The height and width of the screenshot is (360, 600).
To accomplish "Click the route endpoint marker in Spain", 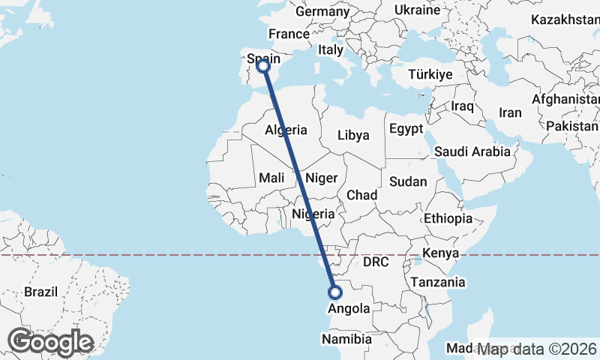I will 263,66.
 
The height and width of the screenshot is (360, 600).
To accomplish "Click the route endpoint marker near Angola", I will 334,292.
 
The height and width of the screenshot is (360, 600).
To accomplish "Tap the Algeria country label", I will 286,130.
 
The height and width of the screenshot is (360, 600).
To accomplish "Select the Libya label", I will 354,135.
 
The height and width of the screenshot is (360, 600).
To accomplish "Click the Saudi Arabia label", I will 472,151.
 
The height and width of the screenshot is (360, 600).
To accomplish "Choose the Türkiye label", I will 430,74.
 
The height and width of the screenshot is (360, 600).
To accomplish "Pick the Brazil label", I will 40,291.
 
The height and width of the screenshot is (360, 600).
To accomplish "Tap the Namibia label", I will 346,339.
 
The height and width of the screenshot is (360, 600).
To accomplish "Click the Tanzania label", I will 437,282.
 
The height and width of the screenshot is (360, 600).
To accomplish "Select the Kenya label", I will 440,253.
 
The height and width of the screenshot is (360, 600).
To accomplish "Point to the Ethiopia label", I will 448,218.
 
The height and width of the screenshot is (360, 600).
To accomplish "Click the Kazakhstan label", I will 564,19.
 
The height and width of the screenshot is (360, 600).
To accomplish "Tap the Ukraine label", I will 417,10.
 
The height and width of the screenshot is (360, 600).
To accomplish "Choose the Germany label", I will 322,12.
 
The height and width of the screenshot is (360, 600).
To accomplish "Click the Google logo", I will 50,342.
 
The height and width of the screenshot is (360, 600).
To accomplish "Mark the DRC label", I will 375,262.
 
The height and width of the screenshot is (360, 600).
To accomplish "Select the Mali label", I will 271,178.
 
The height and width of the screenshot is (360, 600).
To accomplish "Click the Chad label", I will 361,194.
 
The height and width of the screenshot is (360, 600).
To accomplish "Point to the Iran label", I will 510,112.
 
